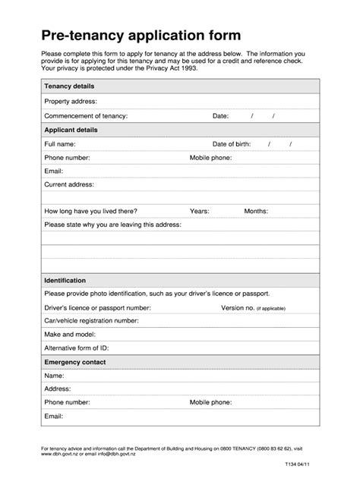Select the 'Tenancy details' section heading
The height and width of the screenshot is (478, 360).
[70, 86]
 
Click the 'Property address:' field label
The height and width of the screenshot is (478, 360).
[71, 101]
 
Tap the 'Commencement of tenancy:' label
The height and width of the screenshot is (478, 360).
[86, 116]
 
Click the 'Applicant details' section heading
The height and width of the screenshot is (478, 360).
[71, 130]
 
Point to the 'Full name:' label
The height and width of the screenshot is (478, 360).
[60, 143]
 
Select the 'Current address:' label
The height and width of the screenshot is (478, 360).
[69, 184]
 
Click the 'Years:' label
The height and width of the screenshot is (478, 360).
[199, 211]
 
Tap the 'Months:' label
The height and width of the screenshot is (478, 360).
[255, 211]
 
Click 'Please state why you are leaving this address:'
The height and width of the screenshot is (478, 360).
[113, 225]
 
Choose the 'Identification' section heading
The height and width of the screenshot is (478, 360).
[65, 280]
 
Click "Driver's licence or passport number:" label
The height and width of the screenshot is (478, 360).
[98, 308]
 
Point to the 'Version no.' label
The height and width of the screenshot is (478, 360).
[237, 308]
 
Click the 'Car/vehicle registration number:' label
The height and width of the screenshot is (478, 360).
[91, 321]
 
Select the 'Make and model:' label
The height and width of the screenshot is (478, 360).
[69, 335]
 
